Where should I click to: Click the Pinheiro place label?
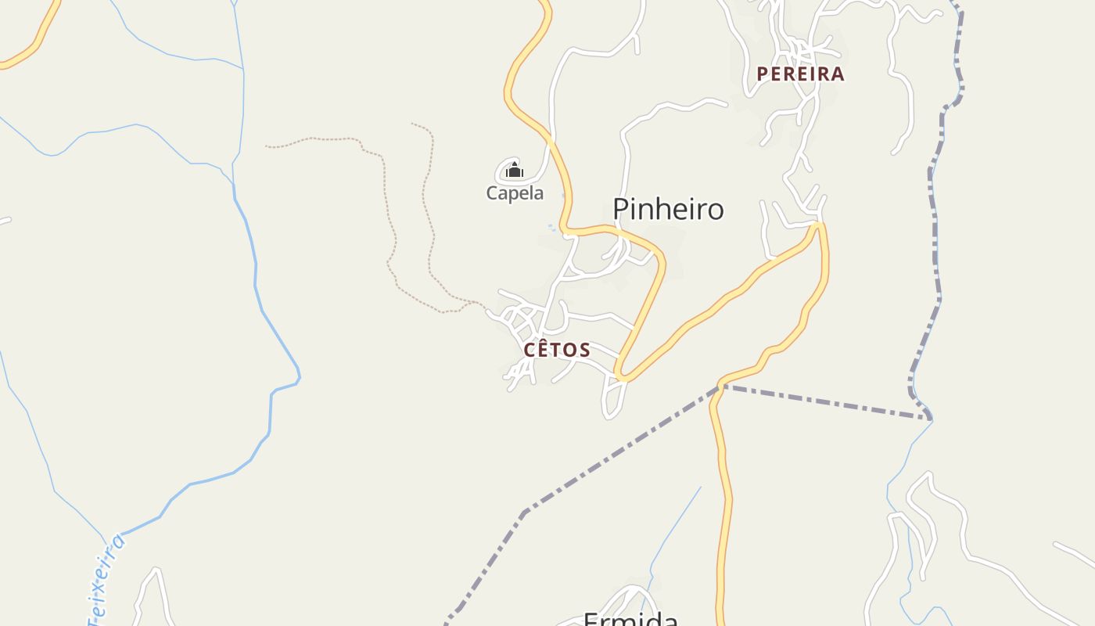(668, 210)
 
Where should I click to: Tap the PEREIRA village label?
(800, 74)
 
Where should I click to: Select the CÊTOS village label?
(556, 350)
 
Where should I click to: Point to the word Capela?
(515, 193)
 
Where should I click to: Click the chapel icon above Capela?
(514, 169)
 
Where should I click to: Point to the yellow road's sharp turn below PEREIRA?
(819, 226)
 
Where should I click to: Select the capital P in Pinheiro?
(621, 210)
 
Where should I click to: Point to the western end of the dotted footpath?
(267, 146)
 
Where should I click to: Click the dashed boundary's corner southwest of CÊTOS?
(525, 512)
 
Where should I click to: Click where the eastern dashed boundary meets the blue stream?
(932, 418)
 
